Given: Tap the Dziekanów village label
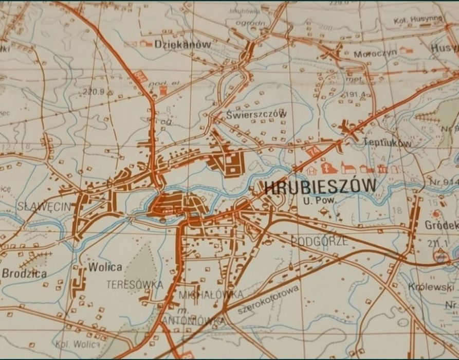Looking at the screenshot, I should click(182, 45).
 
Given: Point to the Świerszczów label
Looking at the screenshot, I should click(256, 114).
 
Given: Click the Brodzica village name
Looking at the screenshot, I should click(24, 274).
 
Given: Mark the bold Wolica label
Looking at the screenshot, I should click(105, 267).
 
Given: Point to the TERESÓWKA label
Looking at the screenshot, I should click(135, 284).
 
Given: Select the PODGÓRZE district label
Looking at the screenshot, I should click(319, 241).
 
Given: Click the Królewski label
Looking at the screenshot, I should click(424, 286).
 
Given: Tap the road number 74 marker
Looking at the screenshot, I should click(313, 151).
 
